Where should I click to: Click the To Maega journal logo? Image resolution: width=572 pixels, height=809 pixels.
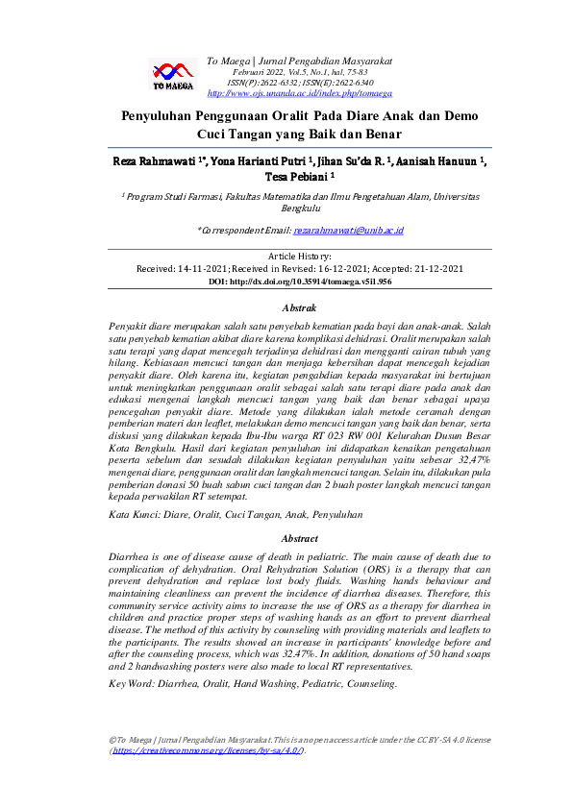(174, 74)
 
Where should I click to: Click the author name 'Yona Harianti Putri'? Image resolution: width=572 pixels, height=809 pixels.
(246, 161)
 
